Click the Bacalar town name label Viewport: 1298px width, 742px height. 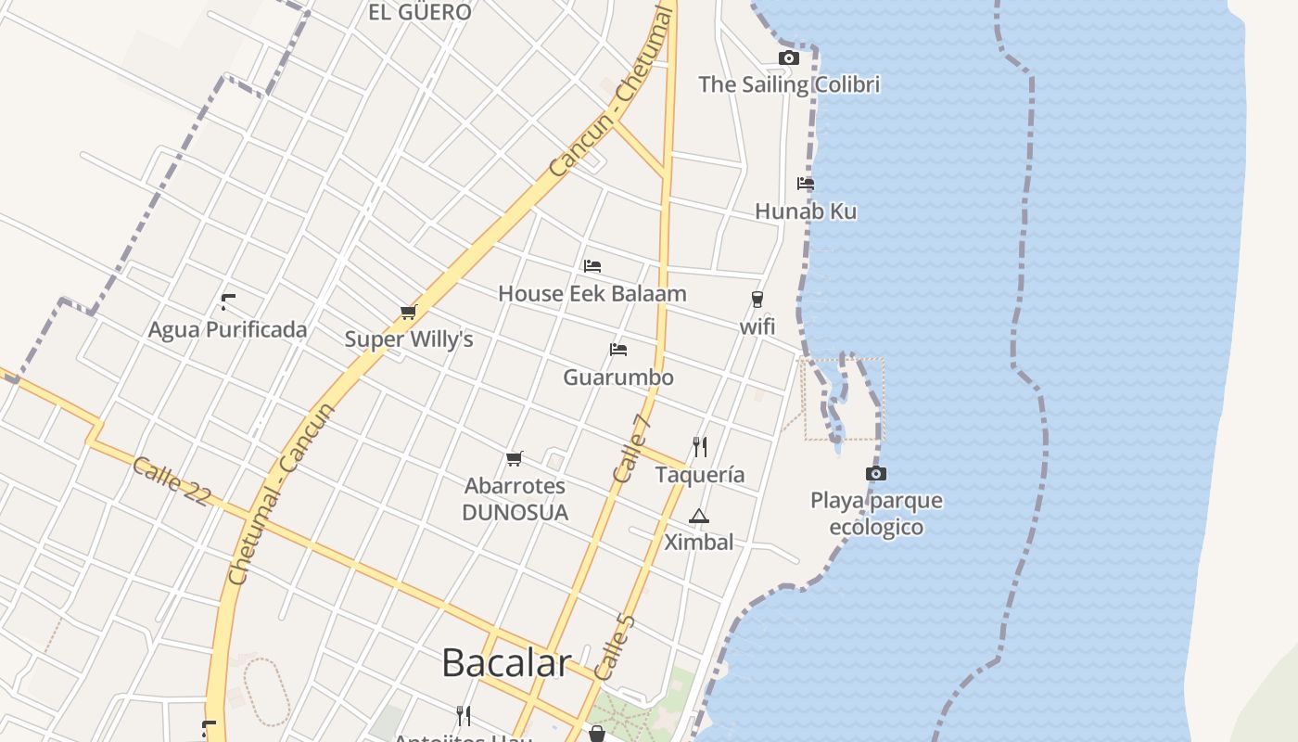point(505,663)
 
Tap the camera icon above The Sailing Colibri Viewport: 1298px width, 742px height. point(788,58)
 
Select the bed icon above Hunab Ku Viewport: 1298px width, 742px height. point(805,184)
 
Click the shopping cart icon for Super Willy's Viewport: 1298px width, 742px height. point(409,312)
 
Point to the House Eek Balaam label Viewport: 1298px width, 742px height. point(592,294)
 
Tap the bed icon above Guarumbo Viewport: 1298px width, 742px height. point(618,350)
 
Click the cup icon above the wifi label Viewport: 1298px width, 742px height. point(757,299)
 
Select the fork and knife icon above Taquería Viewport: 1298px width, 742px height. point(700,447)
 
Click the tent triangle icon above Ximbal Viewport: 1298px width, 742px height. point(699,516)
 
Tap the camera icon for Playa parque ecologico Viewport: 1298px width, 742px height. point(875,474)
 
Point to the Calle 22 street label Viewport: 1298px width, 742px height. point(172,481)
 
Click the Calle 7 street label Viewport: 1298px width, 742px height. point(633,448)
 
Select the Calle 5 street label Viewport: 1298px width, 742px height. point(614,646)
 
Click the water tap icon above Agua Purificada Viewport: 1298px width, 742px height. point(227,302)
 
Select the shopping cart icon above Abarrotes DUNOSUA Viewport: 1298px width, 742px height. point(515,458)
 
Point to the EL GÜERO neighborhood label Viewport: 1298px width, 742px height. point(420,12)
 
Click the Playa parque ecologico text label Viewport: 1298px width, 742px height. point(876,514)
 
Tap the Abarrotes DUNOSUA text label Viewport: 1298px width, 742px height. point(515,499)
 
